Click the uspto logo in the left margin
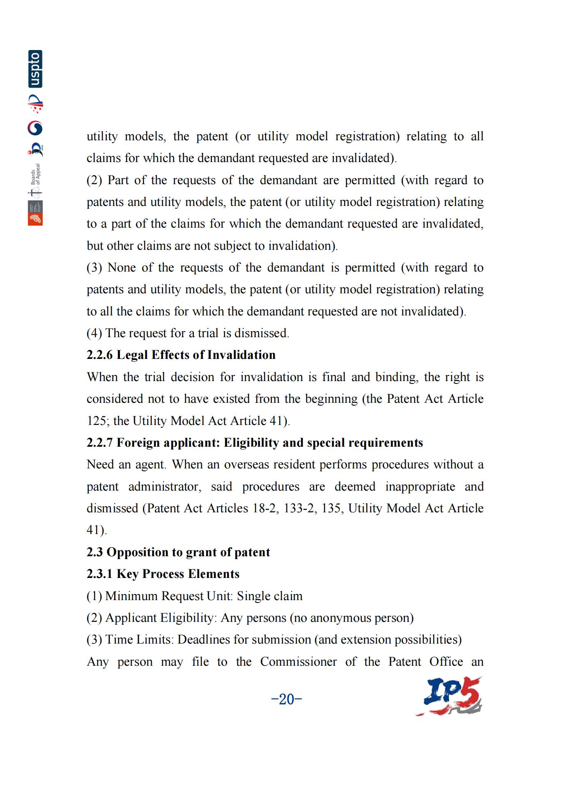35,69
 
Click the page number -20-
287,699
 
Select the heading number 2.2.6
99,355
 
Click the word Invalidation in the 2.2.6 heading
241,355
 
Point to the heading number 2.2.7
99,443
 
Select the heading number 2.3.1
99,574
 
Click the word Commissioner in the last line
299,662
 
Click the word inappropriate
420,486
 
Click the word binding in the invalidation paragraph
397,377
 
